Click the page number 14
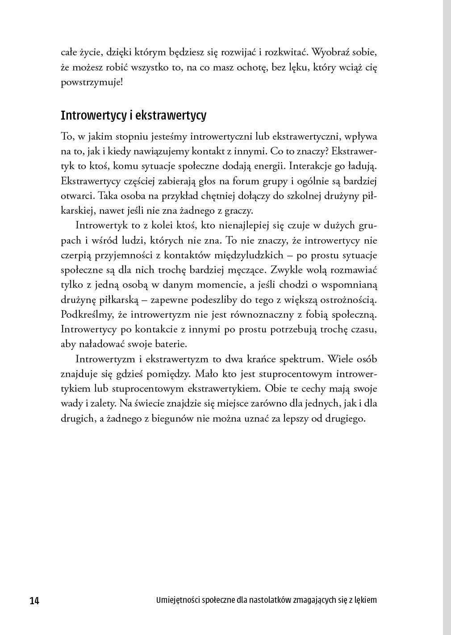34,601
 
